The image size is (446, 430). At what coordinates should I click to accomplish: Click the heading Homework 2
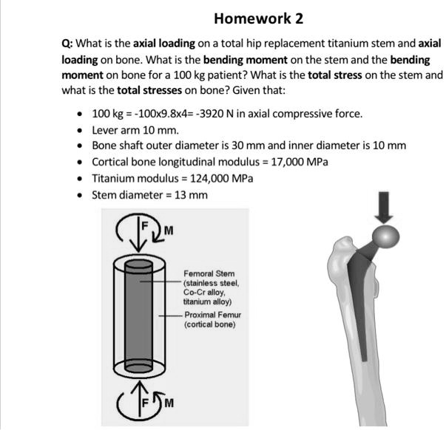point(258,18)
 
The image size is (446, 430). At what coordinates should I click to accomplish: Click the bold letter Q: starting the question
point(67,44)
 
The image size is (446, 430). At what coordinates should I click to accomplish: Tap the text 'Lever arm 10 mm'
point(125,130)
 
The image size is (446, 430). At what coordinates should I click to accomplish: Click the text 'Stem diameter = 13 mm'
point(149,195)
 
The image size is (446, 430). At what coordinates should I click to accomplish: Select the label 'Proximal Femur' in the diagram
point(212,315)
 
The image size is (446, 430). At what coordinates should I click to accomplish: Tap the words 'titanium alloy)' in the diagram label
point(207,301)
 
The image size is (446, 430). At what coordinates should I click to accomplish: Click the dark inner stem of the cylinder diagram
point(139,318)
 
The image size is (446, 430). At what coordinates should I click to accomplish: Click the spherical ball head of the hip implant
point(385,237)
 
